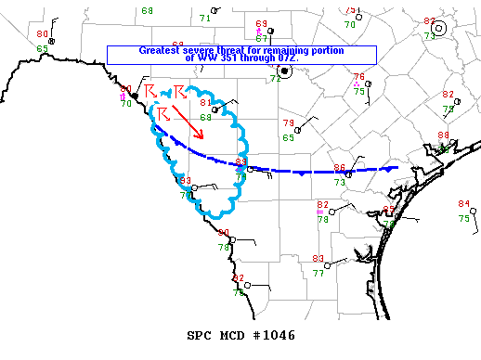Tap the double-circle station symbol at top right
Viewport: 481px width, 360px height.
point(440,28)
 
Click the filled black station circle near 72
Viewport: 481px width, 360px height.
point(286,70)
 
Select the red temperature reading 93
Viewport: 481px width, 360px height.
point(185,181)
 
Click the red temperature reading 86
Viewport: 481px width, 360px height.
point(339,168)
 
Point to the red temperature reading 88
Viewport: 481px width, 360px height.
point(443,135)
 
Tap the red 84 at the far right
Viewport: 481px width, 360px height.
point(463,204)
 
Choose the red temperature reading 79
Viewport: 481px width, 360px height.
point(288,123)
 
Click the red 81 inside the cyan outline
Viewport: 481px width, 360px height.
point(205,102)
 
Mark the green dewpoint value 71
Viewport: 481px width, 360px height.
point(205,18)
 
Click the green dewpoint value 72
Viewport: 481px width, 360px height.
point(275,79)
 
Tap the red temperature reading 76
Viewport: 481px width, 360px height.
point(358,76)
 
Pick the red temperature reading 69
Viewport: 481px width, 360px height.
point(261,23)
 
